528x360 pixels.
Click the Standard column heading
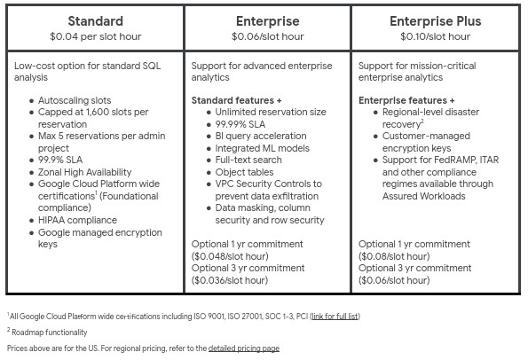pos(96,21)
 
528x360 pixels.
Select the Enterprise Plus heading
pos(436,21)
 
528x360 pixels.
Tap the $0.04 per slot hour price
pos(96,36)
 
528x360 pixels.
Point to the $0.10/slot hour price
pos(436,36)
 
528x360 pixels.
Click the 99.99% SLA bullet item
pos(240,124)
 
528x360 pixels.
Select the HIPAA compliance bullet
pos(77,220)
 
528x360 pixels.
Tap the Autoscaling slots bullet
pos(75,100)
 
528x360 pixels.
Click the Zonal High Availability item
pos(84,172)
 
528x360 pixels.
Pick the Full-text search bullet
pos(248,160)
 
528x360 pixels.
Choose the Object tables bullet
pos(244,172)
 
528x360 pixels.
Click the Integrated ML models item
pos(262,148)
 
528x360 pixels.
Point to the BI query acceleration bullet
pos(261,136)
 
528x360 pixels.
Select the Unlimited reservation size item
pos(271,112)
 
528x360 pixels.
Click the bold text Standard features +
pos(236,100)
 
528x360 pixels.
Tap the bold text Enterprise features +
pos(406,100)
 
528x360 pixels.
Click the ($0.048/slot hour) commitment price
pos(230,256)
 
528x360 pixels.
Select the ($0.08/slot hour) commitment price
pos(394,256)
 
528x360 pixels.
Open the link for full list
pos(335,317)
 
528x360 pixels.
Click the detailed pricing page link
pos(244,348)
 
